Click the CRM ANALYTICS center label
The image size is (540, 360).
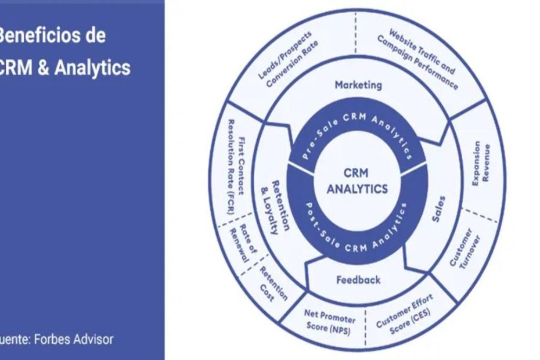pos(357,181)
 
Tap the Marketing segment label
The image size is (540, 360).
pos(358,85)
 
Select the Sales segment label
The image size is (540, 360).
pos(440,210)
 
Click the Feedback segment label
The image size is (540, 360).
pos(358,280)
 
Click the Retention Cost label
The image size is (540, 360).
pos(272,283)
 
